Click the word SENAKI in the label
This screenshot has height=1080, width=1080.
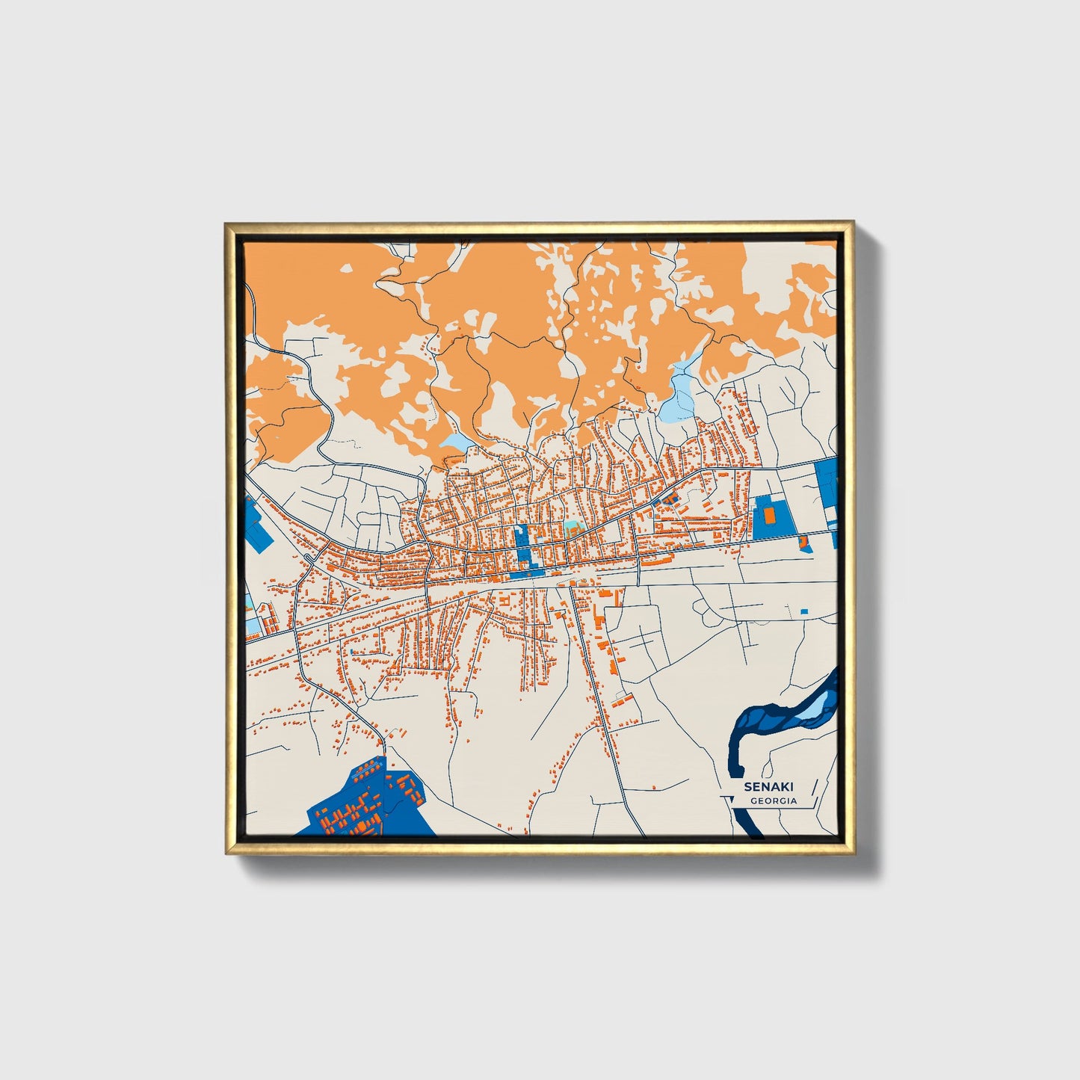click(x=768, y=787)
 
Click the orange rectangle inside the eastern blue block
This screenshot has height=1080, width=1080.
click(x=769, y=514)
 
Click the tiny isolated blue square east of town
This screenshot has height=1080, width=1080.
click(x=804, y=611)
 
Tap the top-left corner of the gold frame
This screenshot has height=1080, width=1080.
click(x=226, y=224)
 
